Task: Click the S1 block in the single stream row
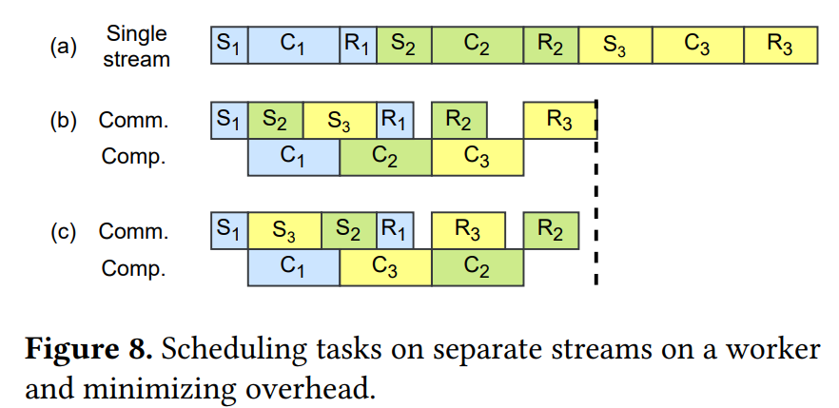[x=229, y=45]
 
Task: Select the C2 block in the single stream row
[x=477, y=45]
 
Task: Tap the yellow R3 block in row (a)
[x=780, y=45]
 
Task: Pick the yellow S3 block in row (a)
[x=615, y=45]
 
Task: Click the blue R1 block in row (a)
[x=359, y=45]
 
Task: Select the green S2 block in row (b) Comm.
[x=276, y=120]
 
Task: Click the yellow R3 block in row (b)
[x=559, y=120]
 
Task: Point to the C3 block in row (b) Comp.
[x=477, y=157]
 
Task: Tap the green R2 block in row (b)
[x=459, y=120]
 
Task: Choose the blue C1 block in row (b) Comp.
[x=293, y=157]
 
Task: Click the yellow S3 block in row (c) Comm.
[x=284, y=231]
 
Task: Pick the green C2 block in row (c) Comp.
[x=477, y=267]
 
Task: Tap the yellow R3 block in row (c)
[x=467, y=231]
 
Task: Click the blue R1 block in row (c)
[x=395, y=231]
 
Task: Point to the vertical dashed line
[x=595, y=190]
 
